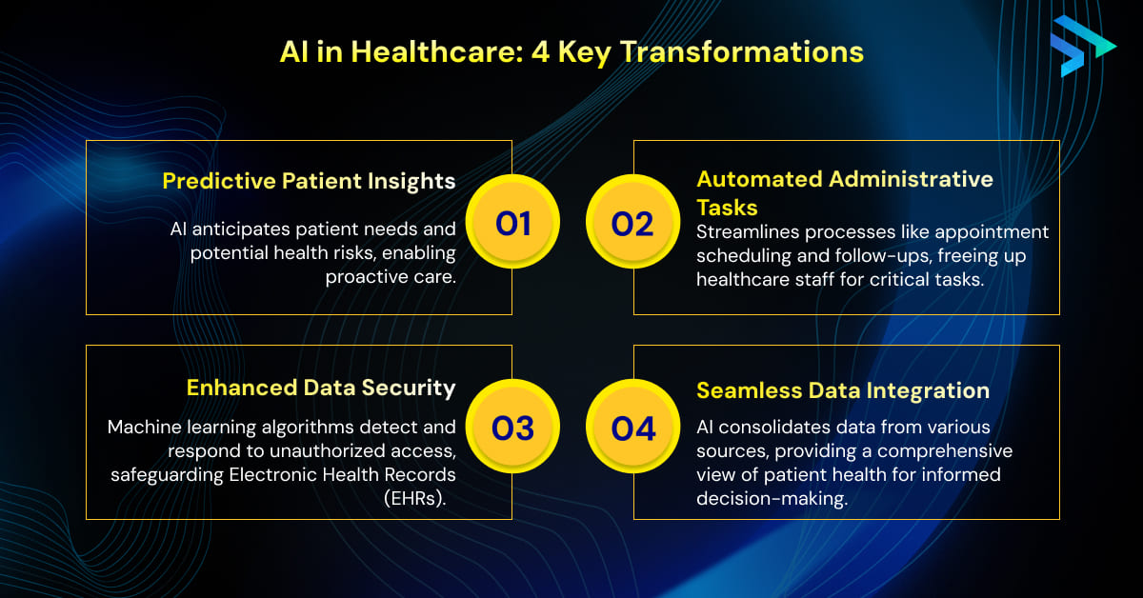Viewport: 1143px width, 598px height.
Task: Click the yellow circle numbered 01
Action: coord(512,222)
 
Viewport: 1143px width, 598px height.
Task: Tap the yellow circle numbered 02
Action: coord(632,222)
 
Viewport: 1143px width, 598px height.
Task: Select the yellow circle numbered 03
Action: coord(512,426)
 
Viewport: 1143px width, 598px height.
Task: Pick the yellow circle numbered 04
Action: coord(632,426)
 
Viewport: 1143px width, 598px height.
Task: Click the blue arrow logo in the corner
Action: coord(1083,46)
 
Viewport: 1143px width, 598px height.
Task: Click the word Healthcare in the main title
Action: coord(437,52)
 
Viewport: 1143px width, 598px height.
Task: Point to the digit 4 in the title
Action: coord(540,52)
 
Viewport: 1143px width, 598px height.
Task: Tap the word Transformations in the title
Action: coord(741,52)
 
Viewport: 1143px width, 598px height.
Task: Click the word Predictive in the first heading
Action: coord(219,181)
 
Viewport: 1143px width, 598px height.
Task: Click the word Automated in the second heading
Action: coord(759,179)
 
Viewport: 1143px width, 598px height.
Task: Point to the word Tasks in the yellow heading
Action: coord(727,208)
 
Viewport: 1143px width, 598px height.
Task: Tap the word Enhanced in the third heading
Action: coord(242,388)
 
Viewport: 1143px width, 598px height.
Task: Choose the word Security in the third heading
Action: coord(409,389)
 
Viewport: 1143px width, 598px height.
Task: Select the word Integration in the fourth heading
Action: coord(928,391)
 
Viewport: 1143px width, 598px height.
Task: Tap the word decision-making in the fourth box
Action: coord(772,499)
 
